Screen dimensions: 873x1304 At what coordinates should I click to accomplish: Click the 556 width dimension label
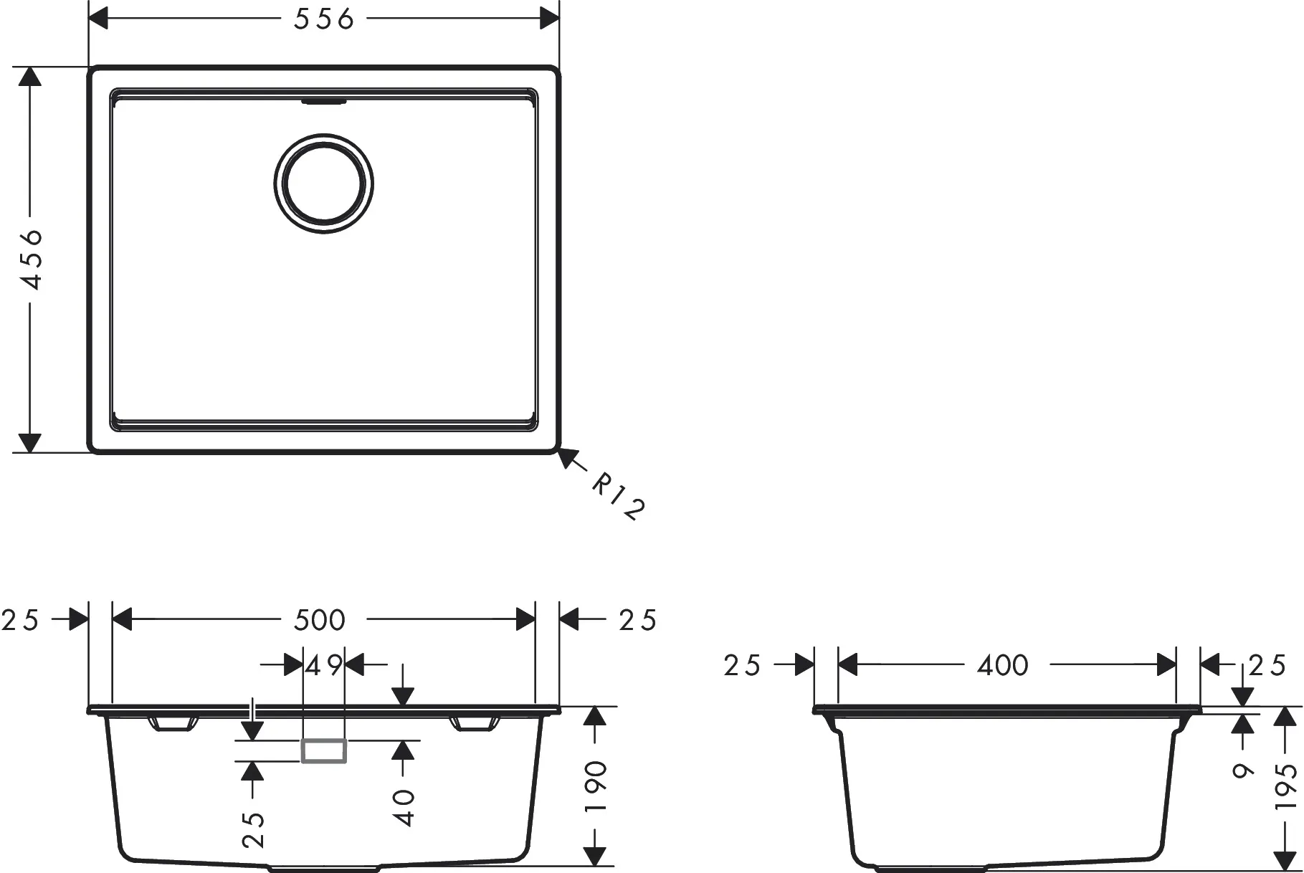pos(323,19)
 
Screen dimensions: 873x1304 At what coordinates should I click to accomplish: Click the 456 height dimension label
pos(32,259)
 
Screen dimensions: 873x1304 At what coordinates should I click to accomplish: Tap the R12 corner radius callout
pos(618,497)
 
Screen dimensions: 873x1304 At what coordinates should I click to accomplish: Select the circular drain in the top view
pos(323,183)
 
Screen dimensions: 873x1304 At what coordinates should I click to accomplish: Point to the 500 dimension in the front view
pos(320,620)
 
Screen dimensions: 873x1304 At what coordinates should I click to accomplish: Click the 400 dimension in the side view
pos(1002,666)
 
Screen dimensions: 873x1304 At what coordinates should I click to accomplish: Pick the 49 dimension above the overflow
pos(324,666)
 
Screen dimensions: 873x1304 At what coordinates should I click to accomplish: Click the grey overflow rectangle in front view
pos(324,750)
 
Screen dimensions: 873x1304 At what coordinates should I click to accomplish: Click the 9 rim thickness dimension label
pos(1243,771)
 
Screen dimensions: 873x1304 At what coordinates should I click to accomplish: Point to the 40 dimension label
pos(405,807)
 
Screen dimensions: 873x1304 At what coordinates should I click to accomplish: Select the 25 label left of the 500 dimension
pos(20,620)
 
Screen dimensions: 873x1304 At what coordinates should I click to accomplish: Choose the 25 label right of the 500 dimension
pos(637,620)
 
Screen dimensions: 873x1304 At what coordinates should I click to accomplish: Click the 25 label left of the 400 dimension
pos(741,666)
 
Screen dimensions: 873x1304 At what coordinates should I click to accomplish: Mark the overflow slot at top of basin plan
pos(324,102)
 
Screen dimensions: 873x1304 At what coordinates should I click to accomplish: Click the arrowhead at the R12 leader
pos(567,457)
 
